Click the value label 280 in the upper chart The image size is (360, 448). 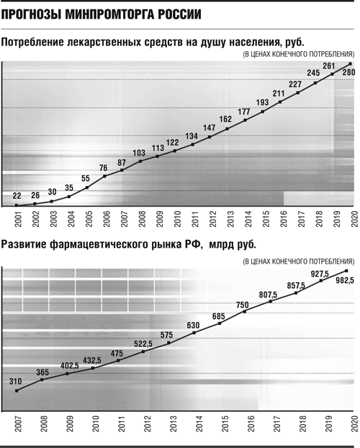(x=348, y=73)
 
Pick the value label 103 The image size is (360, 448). (x=139, y=153)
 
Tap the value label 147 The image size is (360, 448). (x=209, y=127)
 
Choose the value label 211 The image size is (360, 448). (x=279, y=94)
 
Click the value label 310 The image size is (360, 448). (x=15, y=382)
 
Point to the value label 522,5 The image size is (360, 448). (x=143, y=344)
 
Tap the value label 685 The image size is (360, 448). (x=219, y=316)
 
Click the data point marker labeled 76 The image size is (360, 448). (x=104, y=176)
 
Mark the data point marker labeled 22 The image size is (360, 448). (x=17, y=205)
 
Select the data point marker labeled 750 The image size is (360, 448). (x=245, y=311)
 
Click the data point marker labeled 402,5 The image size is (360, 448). (x=67, y=373)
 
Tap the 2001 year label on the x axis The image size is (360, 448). (x=18, y=219)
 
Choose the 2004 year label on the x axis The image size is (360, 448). (x=71, y=219)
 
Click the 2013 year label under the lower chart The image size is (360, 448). (x=173, y=424)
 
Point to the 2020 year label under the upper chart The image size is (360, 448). (x=354, y=219)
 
